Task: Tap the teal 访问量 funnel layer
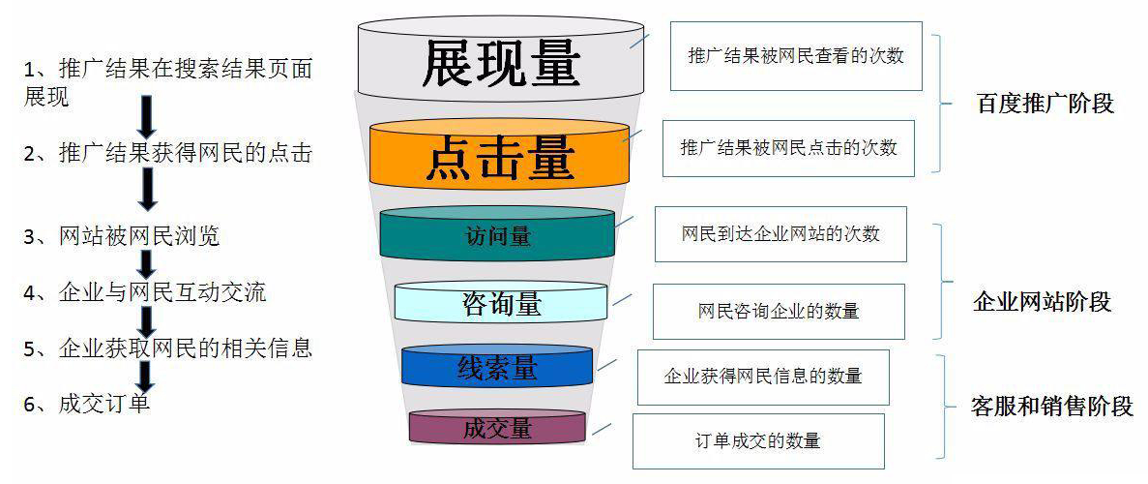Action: pos(498,234)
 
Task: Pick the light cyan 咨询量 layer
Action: pos(501,302)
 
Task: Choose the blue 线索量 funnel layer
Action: pos(497,366)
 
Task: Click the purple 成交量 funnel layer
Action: pos(497,427)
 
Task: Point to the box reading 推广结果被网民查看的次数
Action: pos(796,56)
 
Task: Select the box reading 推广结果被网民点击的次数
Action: pos(788,148)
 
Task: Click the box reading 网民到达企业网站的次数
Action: pos(780,234)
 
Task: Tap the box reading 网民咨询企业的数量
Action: pos(779,312)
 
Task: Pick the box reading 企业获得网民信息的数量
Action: pos(763,377)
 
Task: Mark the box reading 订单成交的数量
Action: pos(758,441)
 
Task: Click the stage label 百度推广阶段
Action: pos(1045,104)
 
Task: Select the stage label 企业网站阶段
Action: pos(1043,301)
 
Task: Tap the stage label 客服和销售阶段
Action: pos(1052,407)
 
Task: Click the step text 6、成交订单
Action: pos(87,404)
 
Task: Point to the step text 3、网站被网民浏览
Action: pos(122,237)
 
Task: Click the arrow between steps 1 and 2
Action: pos(147,116)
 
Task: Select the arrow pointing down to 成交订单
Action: pos(146,377)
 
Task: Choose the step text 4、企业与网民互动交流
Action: pos(145,292)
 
